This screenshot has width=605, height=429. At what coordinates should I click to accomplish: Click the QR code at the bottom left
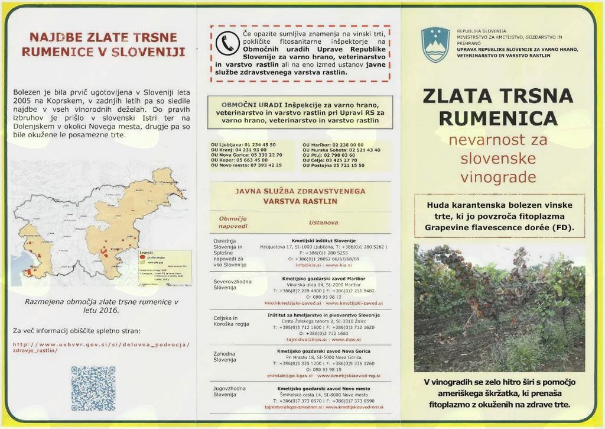(93, 388)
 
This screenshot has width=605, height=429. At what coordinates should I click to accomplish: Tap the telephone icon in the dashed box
(226, 42)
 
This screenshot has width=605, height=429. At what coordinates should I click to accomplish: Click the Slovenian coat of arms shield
(435, 44)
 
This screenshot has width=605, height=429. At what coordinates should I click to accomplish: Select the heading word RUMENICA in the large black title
(498, 118)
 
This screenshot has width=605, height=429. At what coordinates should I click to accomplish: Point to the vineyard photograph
(499, 308)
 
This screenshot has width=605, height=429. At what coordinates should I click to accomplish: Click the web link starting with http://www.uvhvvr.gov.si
(100, 347)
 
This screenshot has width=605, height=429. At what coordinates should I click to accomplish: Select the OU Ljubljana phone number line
(243, 144)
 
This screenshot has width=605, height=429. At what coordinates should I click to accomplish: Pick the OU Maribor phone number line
(333, 144)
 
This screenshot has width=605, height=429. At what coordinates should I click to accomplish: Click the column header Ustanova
(323, 222)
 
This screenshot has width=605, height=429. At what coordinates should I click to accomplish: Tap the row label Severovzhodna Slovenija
(232, 284)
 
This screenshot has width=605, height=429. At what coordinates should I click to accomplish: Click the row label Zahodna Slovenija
(225, 356)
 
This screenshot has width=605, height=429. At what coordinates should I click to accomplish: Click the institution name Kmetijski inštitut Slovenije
(324, 241)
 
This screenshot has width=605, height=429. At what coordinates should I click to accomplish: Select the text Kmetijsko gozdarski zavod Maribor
(324, 278)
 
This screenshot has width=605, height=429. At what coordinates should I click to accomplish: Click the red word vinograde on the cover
(498, 178)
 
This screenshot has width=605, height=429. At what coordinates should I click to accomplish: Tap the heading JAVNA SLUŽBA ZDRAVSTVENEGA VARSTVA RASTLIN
(300, 196)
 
